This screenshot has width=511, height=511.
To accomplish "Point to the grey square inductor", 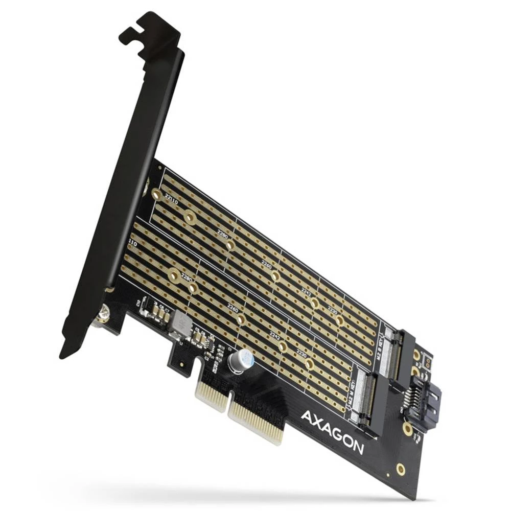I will click(180, 324).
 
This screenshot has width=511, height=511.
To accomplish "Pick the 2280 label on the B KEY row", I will click(223, 236).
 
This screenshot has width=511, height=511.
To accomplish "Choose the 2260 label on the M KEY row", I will click(233, 309).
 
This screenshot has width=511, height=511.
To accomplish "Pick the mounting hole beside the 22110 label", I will click(157, 195).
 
